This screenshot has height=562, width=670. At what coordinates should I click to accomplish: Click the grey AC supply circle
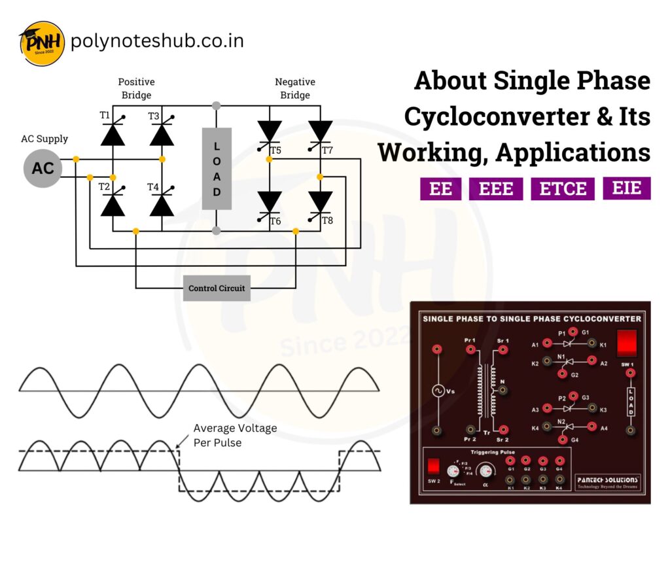click(43, 168)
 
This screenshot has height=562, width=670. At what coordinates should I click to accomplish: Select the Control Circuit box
click(217, 288)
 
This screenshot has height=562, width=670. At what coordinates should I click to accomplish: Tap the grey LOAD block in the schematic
click(217, 169)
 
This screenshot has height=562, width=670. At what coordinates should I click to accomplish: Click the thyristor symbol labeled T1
click(113, 133)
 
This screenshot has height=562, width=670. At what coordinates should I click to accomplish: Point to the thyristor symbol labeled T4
click(162, 204)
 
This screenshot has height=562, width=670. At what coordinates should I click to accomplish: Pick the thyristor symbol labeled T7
click(320, 131)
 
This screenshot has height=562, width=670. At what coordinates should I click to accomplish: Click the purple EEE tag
click(496, 189)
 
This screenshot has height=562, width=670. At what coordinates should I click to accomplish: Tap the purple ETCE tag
click(563, 189)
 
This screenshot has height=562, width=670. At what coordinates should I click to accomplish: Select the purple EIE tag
click(626, 188)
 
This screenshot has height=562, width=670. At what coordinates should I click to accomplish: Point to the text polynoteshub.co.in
click(157, 41)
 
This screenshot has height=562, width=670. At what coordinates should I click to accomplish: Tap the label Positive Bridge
click(136, 88)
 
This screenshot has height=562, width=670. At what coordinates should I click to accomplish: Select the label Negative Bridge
click(294, 88)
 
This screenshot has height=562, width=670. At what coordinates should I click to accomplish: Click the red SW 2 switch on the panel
click(432, 466)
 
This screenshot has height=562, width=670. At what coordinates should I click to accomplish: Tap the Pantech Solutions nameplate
click(607, 483)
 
